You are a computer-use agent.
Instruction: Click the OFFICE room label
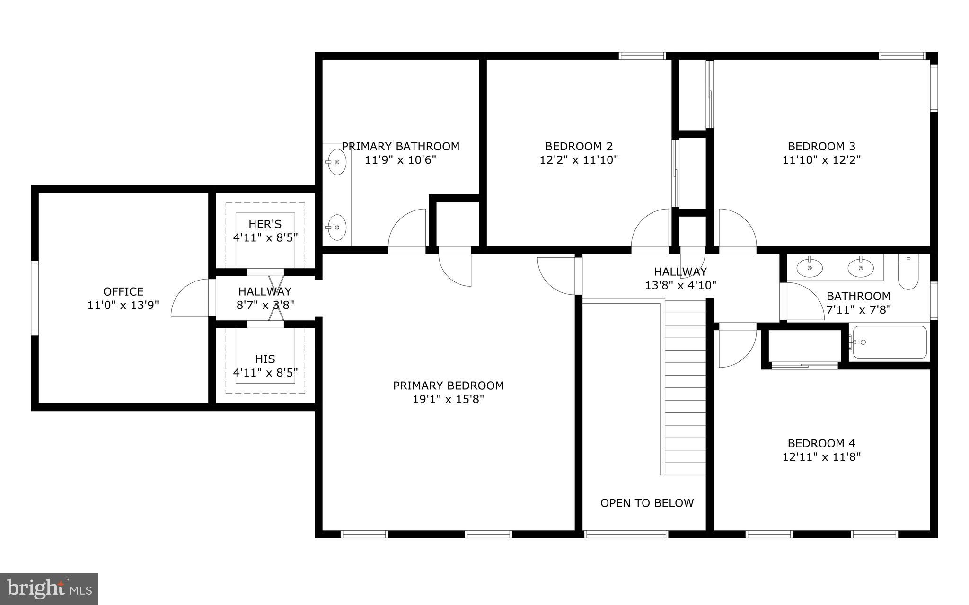point(123,292)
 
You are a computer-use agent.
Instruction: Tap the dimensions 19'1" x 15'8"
point(448,399)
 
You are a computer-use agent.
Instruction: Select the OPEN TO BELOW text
point(647,503)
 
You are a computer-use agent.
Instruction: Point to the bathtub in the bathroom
point(890,342)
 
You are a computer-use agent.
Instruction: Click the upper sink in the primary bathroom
point(336,162)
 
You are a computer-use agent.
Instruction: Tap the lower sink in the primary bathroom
point(336,228)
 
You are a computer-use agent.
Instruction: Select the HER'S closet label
point(265,224)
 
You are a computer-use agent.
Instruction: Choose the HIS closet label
point(265,359)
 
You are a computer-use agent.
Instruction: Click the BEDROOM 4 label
point(821,443)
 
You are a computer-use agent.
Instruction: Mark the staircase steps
point(685,388)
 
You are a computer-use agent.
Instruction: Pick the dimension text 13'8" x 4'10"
point(680,285)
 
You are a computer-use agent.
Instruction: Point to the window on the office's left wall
point(34,298)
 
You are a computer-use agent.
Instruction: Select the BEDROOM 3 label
point(821,146)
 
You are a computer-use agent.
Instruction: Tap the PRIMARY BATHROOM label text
point(400,146)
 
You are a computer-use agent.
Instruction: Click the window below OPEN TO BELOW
point(626,534)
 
